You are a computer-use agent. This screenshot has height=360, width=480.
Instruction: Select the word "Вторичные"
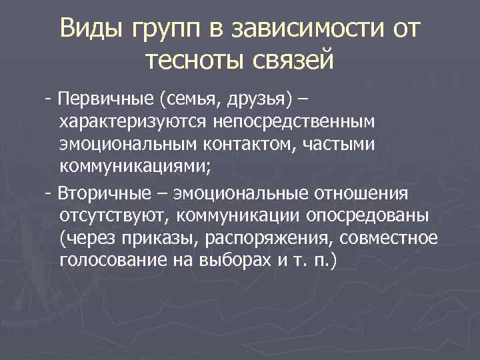point(106,193)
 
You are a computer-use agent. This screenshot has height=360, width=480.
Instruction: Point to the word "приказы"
point(134,237)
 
